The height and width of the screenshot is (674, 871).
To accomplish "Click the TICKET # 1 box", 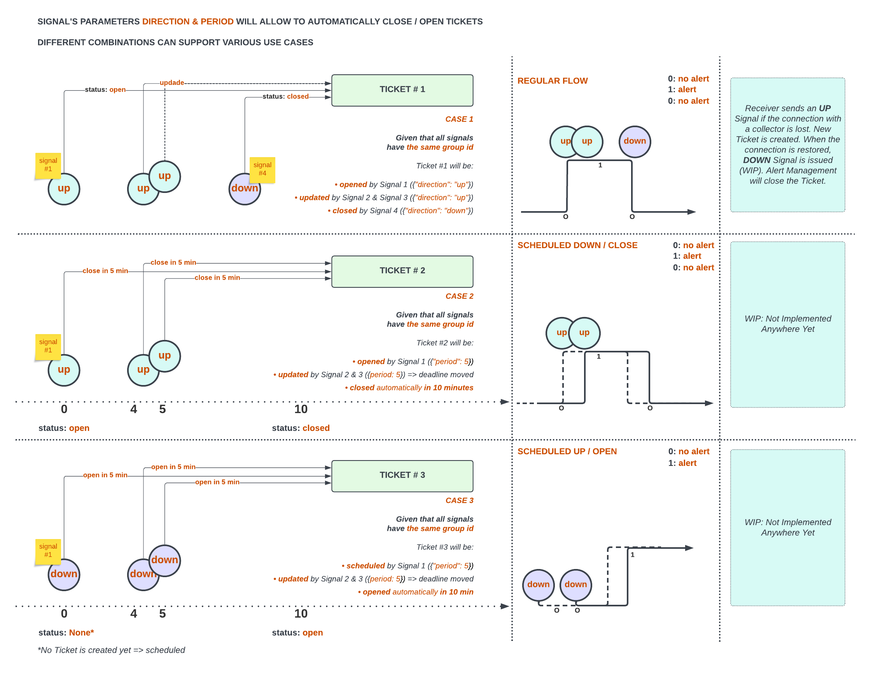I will click(402, 90).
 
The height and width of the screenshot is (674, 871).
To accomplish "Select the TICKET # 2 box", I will click(402, 271).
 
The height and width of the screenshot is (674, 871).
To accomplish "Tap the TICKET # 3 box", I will click(402, 476).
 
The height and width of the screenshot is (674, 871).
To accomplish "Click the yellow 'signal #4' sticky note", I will click(262, 170).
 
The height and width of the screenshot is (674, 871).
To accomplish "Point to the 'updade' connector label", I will click(171, 82).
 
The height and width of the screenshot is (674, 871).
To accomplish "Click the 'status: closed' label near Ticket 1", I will click(285, 96).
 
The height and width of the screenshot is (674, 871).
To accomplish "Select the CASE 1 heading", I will click(459, 119).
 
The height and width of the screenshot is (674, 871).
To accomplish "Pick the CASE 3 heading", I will click(459, 501).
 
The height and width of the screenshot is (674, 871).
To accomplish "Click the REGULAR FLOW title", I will click(553, 81).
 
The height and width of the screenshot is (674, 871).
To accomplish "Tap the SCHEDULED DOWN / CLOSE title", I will click(577, 245).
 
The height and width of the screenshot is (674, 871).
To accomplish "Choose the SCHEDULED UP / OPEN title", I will click(567, 452).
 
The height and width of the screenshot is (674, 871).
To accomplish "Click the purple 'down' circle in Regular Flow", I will click(635, 142).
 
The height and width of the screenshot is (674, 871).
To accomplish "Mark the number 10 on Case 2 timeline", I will click(301, 409).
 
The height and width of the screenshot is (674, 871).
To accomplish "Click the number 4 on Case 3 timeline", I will click(134, 613).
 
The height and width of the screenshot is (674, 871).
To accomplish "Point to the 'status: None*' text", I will click(66, 632).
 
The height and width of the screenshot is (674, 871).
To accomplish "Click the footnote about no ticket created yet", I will click(111, 650).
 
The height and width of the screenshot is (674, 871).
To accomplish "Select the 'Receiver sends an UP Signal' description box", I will click(787, 145).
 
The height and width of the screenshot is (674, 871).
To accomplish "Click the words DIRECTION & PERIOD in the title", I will click(188, 21).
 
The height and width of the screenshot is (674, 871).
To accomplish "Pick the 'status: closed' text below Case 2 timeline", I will click(301, 428).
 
